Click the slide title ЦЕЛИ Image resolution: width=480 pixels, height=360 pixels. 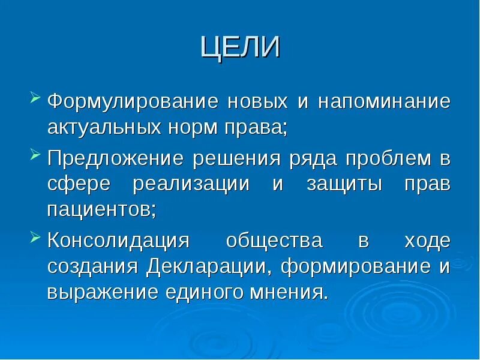240,47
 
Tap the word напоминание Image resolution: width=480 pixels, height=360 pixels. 384,101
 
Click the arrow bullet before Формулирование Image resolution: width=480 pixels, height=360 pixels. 35,97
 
